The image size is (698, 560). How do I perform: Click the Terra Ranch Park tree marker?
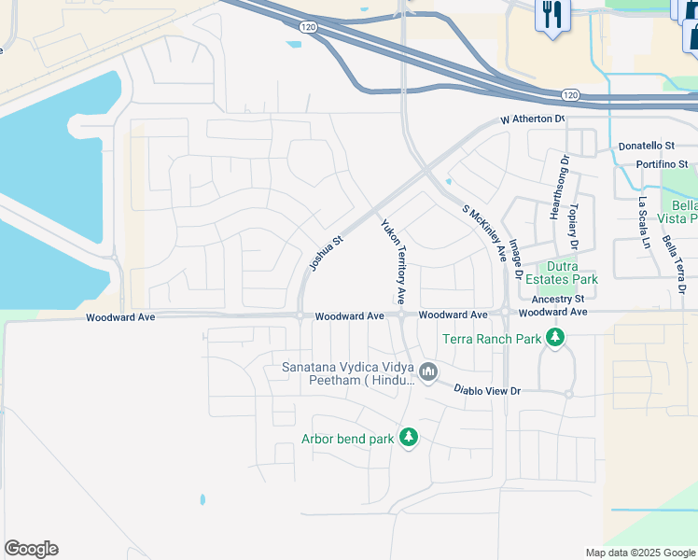(x=556, y=338)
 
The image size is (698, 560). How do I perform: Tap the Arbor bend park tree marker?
(x=408, y=437)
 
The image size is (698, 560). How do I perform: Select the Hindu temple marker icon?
(x=428, y=373)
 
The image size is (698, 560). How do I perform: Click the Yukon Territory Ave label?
(x=392, y=261)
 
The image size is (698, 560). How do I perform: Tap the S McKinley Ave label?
(x=485, y=232)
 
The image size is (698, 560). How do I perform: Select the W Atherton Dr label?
(x=533, y=119)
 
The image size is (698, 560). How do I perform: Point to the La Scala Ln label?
(x=643, y=221)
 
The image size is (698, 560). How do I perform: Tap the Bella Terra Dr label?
(x=674, y=265)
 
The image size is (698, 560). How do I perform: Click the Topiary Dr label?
(x=574, y=225)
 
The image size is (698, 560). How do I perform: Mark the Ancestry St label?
(x=556, y=299)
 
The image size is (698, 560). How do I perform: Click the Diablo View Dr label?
(x=487, y=390)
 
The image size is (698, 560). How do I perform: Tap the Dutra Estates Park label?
(x=571, y=272)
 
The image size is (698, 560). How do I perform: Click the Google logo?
(x=31, y=549)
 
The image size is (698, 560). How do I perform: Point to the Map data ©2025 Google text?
(x=640, y=553)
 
